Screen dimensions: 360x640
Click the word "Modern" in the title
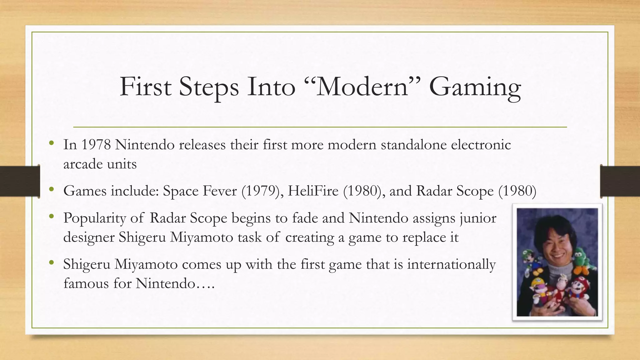click(363, 87)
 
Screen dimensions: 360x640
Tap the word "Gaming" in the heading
click(475, 88)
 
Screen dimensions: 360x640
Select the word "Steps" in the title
click(208, 87)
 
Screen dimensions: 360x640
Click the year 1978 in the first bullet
click(96, 145)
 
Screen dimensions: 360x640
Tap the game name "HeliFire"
click(313, 191)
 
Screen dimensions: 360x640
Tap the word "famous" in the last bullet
click(86, 283)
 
